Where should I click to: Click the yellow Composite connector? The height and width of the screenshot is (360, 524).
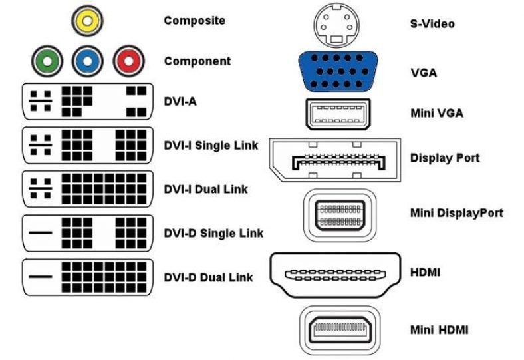[x=86, y=21]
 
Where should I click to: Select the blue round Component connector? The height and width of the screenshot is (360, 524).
[x=87, y=62]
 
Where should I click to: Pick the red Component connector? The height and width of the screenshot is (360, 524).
[x=127, y=62]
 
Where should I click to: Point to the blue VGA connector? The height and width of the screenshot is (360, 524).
[x=338, y=70]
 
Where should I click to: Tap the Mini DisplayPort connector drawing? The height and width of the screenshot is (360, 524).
[x=339, y=213]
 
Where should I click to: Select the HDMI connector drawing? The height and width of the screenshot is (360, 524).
[x=336, y=273]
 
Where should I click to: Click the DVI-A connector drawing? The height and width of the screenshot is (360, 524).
[x=88, y=101]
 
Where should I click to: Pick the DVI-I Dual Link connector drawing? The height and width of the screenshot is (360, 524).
[x=88, y=189]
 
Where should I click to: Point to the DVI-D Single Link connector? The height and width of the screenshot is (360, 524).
[x=88, y=233]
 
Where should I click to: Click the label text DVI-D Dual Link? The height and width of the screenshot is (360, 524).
[x=208, y=277]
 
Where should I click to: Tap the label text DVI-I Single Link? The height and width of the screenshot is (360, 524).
[x=211, y=145]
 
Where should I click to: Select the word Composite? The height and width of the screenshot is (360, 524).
[x=195, y=21]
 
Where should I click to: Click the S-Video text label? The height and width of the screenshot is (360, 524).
[x=432, y=24]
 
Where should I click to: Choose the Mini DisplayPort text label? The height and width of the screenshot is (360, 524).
[x=456, y=213]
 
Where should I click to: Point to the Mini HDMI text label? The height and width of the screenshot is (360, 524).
[x=439, y=329]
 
